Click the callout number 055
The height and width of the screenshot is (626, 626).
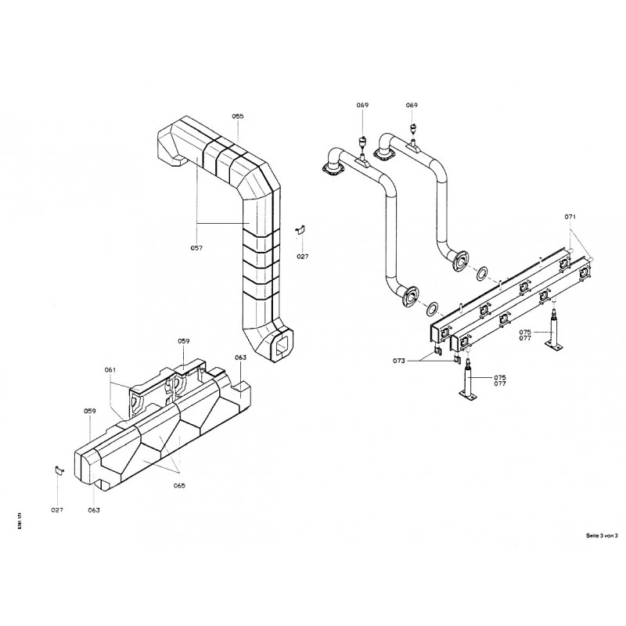(238, 116)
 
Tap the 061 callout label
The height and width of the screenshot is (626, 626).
(110, 369)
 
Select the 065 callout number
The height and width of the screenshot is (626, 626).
(179, 485)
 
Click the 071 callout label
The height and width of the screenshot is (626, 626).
(570, 216)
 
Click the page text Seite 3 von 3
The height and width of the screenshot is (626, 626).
(602, 535)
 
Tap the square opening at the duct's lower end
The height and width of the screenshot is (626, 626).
(282, 346)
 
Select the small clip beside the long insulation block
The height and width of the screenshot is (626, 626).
(57, 469)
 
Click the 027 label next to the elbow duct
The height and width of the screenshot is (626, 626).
(303, 256)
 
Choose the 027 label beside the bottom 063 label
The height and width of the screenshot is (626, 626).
(57, 509)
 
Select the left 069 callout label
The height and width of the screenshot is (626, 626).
(362, 105)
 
